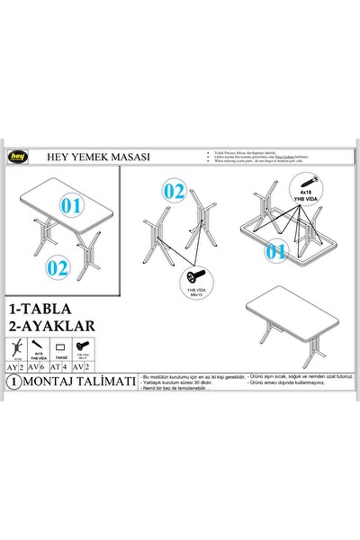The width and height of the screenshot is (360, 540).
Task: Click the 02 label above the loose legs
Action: pos(174,191)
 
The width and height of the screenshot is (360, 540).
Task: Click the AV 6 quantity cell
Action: pos(38,367)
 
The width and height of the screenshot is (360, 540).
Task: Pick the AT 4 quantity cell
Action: pos(60,367)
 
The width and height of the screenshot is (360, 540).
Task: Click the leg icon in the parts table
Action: pos(13,347)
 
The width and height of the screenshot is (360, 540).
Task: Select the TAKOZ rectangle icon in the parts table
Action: pos(60,346)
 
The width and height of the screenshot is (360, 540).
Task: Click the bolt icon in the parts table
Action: pos(83,346)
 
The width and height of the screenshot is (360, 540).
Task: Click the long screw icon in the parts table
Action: pos(38,345)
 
